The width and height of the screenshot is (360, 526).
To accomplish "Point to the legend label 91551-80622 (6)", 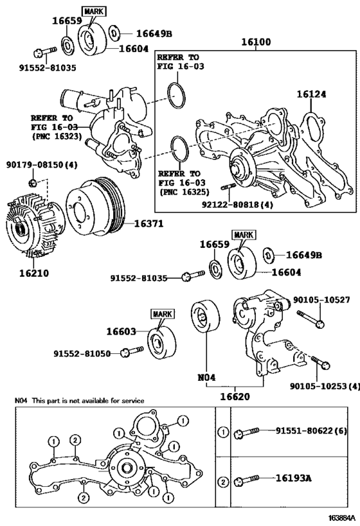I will [311, 432].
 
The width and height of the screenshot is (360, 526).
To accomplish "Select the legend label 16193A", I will [294, 478].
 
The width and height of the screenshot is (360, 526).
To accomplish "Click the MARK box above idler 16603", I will [163, 313].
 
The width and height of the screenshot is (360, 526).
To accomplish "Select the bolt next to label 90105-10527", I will [308, 316].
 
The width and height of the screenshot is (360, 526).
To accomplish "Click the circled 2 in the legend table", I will [222, 480].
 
